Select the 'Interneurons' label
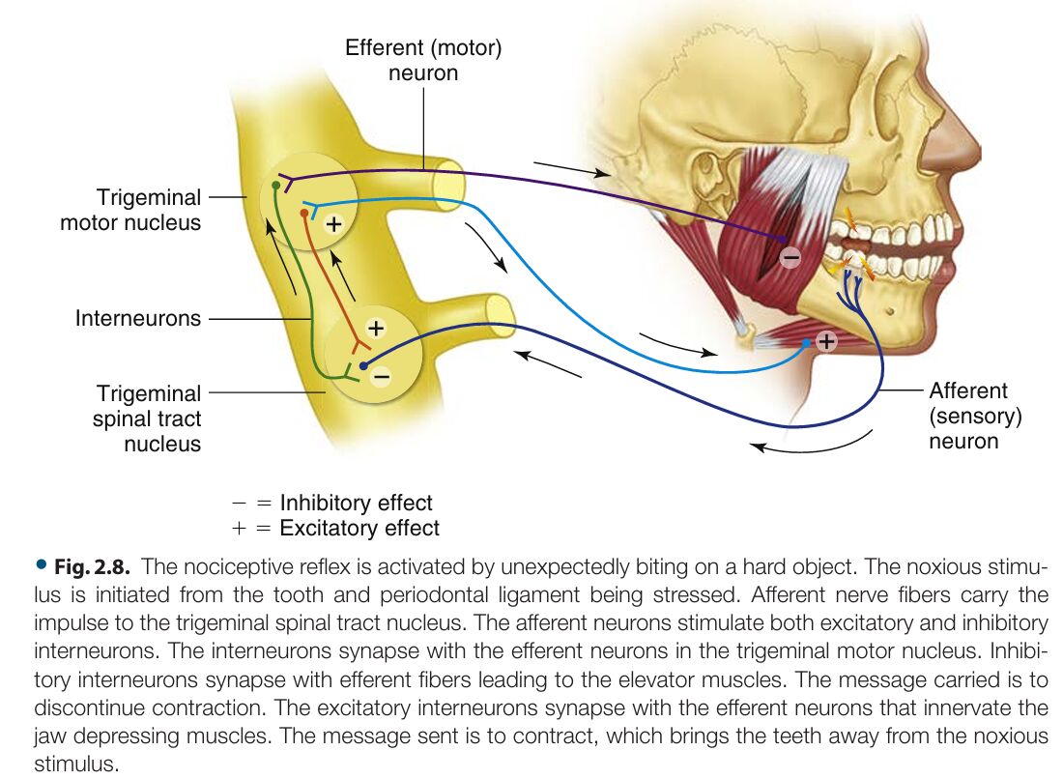point(138,318)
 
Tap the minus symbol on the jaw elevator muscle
point(790,257)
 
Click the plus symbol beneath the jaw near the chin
point(826,340)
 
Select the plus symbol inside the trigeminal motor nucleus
point(333,224)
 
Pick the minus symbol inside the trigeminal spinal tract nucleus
point(381,375)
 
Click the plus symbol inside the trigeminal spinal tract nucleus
point(376,328)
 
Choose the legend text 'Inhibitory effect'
point(356,503)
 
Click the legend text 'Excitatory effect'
point(359,528)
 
